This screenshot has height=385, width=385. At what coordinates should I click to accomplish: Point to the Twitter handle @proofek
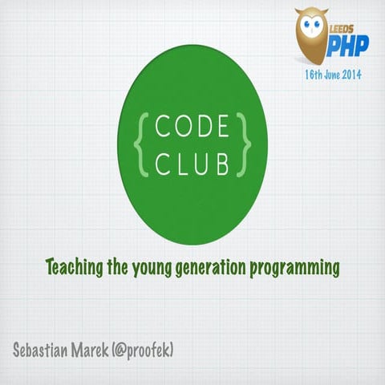point(149,351)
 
